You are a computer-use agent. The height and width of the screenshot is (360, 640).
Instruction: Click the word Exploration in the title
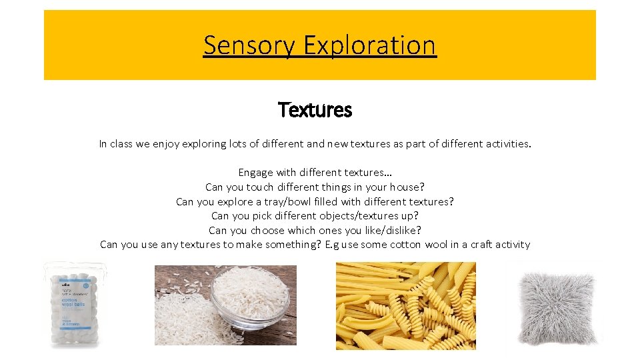(x=369, y=45)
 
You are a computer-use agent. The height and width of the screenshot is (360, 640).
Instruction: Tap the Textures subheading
(x=315, y=109)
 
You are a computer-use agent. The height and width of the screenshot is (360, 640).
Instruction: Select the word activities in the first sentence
(x=505, y=143)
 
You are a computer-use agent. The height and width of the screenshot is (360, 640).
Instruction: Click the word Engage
(x=256, y=173)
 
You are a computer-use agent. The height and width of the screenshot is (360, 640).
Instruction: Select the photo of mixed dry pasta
(x=405, y=305)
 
